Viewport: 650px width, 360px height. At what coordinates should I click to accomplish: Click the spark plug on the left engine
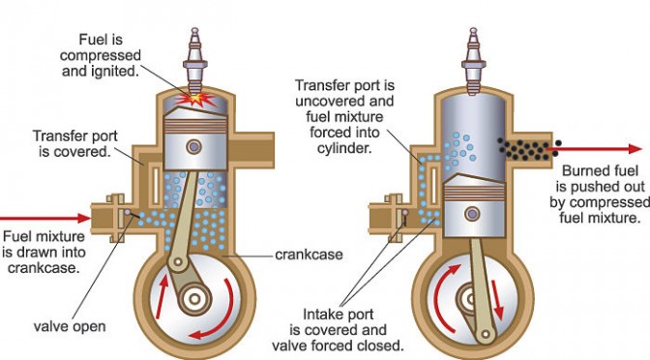tap(194, 61)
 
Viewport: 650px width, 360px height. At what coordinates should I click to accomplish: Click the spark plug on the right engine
tap(473, 61)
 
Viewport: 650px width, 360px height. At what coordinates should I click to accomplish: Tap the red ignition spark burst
tap(195, 100)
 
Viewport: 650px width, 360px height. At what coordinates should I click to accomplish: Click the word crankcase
tap(309, 255)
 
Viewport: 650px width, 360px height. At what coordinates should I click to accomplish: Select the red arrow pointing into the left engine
tap(44, 218)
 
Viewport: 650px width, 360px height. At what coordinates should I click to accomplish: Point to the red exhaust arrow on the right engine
tap(594, 148)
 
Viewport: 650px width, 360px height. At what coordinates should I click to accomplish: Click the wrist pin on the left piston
tap(193, 146)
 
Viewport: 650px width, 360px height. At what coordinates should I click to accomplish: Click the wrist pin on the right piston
tap(472, 214)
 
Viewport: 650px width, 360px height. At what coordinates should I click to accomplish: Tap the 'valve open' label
tap(70, 326)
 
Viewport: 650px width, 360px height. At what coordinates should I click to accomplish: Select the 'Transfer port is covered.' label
tap(75, 143)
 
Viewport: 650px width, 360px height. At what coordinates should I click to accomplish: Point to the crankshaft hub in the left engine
tap(194, 299)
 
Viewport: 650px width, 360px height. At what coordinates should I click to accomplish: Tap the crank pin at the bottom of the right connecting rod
tap(485, 334)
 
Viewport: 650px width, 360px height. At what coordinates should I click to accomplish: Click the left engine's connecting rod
tap(184, 219)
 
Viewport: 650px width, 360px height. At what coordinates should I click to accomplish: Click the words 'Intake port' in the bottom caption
tap(339, 314)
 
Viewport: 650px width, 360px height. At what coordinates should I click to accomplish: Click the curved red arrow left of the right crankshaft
tap(444, 296)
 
